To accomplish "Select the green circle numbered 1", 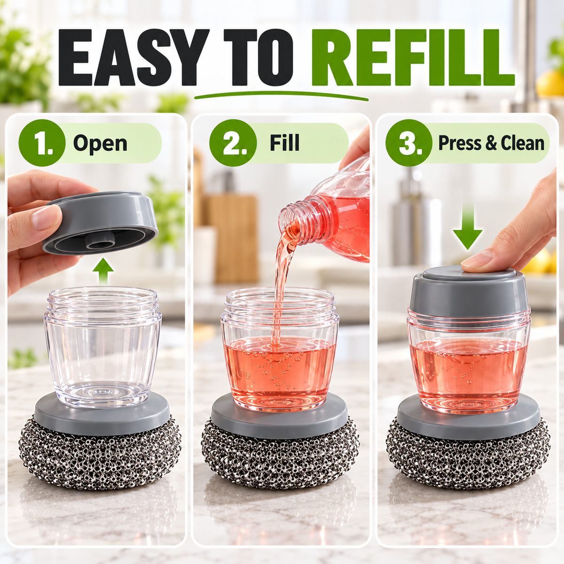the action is click(x=42, y=143).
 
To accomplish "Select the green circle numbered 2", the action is click(x=233, y=143).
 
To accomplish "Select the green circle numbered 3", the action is click(x=409, y=143).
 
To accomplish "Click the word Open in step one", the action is click(x=101, y=144).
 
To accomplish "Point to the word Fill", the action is click(x=284, y=143).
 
